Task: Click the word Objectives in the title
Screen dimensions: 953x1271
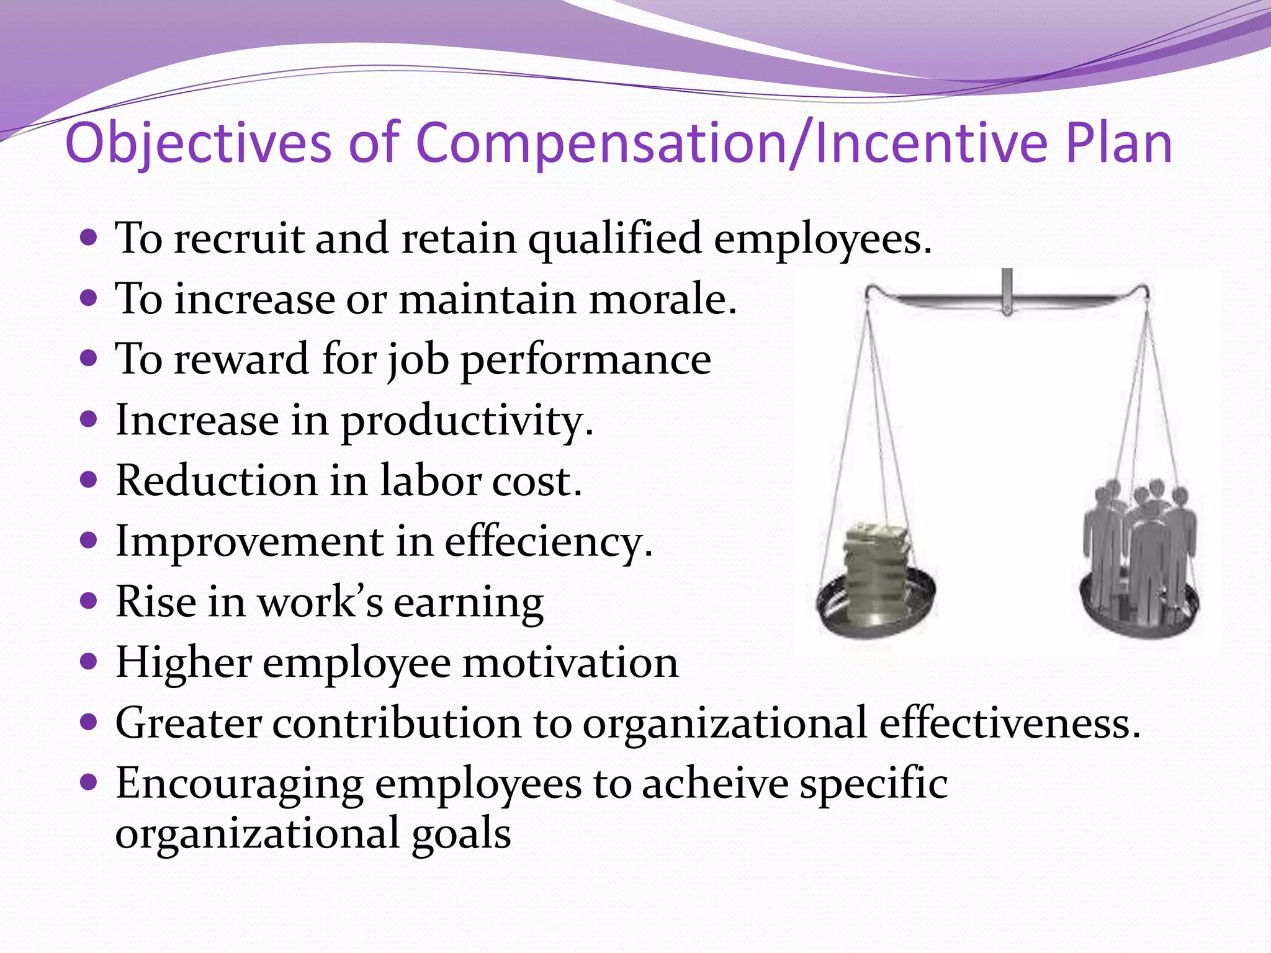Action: click(x=198, y=144)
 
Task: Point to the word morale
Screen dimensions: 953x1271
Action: click(x=662, y=300)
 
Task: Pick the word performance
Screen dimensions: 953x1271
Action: click(x=586, y=360)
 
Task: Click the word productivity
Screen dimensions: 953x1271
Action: click(x=467, y=421)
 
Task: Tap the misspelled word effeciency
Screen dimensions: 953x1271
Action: click(x=548, y=542)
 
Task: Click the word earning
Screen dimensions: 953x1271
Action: click(x=469, y=602)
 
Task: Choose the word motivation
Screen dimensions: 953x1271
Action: click(x=570, y=663)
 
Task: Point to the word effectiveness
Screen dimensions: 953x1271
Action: click(x=1009, y=723)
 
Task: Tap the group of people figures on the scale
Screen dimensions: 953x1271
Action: click(x=1141, y=546)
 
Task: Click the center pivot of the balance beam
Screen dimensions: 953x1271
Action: click(x=1007, y=298)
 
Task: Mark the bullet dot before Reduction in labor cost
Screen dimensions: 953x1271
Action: click(x=89, y=480)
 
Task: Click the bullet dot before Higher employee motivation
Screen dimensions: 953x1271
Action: click(x=89, y=661)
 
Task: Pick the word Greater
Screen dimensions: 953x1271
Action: click(x=189, y=723)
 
